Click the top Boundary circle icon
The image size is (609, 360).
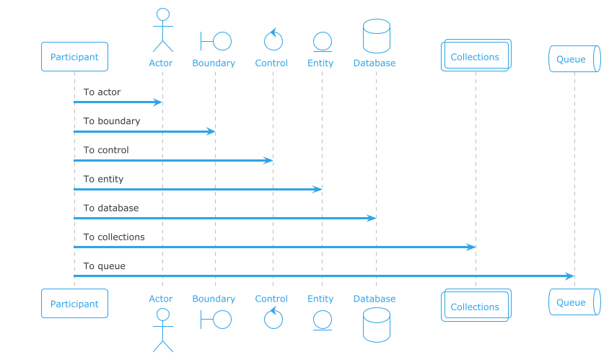click(216, 41)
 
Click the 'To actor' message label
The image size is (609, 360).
click(102, 92)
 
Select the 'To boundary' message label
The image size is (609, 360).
click(111, 121)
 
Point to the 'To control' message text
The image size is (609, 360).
click(105, 150)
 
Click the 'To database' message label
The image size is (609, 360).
click(110, 208)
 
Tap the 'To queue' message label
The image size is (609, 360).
click(104, 266)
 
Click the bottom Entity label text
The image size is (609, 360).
click(320, 299)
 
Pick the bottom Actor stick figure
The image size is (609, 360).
click(163, 330)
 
